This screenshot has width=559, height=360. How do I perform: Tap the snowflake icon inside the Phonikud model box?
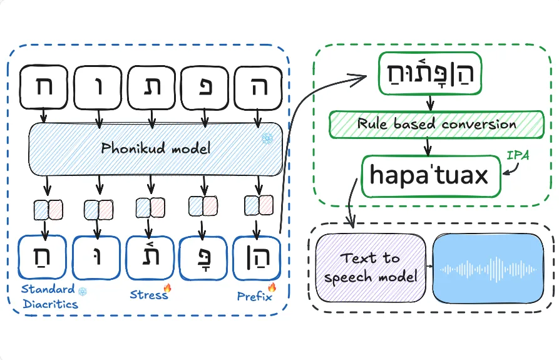coord(267,138)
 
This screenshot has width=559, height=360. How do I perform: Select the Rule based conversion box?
coord(436,124)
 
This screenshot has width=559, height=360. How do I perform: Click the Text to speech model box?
coord(371,267)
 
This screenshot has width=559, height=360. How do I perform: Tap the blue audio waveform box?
coord(488,269)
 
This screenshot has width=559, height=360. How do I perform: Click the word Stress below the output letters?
coord(148,294)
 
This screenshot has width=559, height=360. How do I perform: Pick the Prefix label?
coord(253,296)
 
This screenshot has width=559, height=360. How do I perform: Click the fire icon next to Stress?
coord(167,288)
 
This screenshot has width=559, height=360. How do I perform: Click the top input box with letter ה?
coord(256,87)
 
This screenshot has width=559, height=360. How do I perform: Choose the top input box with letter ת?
coord(151,87)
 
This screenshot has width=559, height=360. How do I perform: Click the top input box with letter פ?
coord(203,87)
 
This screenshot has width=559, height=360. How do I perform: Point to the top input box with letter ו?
coord(98,87)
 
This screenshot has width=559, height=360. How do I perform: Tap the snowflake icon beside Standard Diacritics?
coord(82,291)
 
